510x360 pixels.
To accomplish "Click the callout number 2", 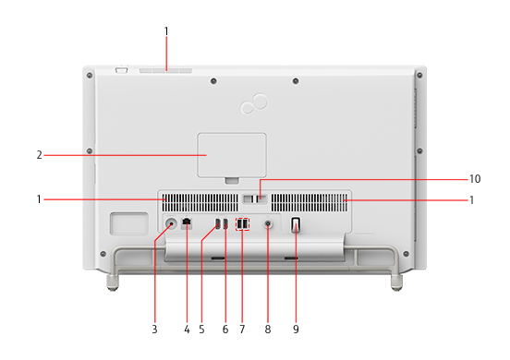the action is [40, 155].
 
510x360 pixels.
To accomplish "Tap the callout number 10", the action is [475, 179].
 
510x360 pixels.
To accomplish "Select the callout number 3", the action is [154, 330].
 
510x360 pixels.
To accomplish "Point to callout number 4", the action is [187, 330].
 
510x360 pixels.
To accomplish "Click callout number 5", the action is [201, 330].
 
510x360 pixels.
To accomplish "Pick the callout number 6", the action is [225, 330].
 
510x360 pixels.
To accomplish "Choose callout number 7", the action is [242, 330].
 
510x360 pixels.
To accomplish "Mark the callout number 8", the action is [268, 330].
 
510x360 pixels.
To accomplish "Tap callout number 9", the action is [296, 330].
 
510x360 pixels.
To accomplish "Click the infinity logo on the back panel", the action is [254, 103].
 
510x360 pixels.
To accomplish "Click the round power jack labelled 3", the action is [171, 223].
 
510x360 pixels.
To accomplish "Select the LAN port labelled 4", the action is [187, 222].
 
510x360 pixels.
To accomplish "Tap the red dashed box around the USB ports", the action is [243, 224].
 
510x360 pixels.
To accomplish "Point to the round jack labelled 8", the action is [268, 224].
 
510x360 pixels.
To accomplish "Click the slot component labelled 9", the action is [296, 225].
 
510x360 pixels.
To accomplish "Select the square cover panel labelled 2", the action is [232, 155].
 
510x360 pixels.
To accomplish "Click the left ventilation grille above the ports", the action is [200, 203].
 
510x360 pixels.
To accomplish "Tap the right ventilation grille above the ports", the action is [310, 203].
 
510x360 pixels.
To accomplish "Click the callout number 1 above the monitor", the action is [166, 31].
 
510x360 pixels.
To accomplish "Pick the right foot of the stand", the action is [396, 283].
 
